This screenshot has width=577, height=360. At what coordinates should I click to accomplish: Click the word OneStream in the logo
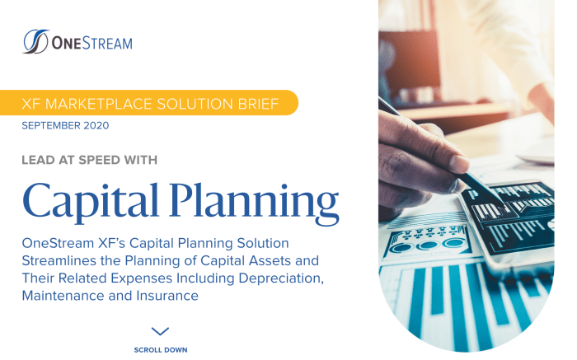[x=91, y=43]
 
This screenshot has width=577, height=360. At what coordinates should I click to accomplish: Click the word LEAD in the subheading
[x=38, y=160]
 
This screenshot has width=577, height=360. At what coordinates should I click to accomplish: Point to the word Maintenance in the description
[x=63, y=295]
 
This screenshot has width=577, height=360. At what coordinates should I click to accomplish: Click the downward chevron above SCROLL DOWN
[x=161, y=331]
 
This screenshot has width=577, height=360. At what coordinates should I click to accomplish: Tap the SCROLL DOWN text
[x=161, y=350]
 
